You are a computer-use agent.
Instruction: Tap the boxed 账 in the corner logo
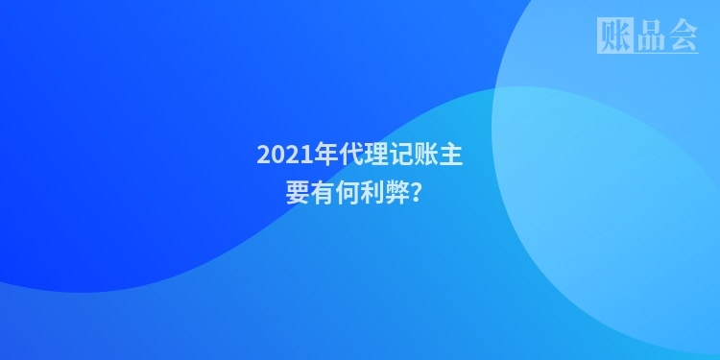click(614, 36)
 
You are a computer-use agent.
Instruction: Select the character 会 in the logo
click(682, 36)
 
